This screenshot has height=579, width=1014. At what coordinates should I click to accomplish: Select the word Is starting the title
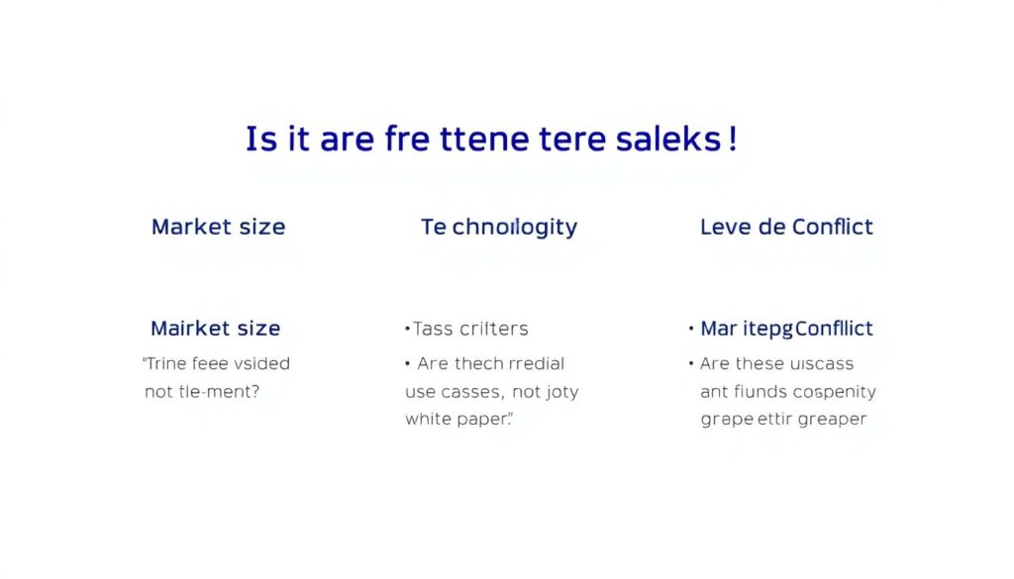(260, 140)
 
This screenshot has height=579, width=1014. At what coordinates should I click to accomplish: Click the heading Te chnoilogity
(499, 227)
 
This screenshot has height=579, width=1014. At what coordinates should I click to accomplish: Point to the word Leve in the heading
(725, 227)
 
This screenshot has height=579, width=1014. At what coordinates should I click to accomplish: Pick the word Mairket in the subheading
(189, 328)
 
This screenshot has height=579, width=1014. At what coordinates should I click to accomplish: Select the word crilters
(493, 329)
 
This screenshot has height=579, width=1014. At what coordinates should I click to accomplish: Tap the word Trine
(168, 363)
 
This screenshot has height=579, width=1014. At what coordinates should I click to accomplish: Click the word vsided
(261, 363)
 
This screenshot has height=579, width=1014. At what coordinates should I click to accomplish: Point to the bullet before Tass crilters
(407, 329)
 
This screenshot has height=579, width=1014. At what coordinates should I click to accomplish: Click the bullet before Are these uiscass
(691, 363)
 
